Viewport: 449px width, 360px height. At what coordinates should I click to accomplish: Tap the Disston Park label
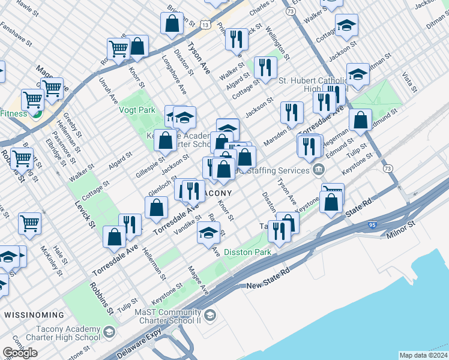tap(247, 253)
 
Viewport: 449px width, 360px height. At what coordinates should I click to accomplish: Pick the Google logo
tap(20, 353)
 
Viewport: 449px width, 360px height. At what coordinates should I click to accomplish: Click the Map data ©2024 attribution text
tap(423, 355)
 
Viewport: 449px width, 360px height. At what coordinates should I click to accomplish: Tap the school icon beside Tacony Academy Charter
tap(109, 332)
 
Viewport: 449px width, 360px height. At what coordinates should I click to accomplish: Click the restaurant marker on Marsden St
tap(291, 112)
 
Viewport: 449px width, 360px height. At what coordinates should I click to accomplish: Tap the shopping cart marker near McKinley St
tap(29, 222)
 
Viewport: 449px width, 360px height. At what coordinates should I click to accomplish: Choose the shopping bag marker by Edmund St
tap(360, 119)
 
